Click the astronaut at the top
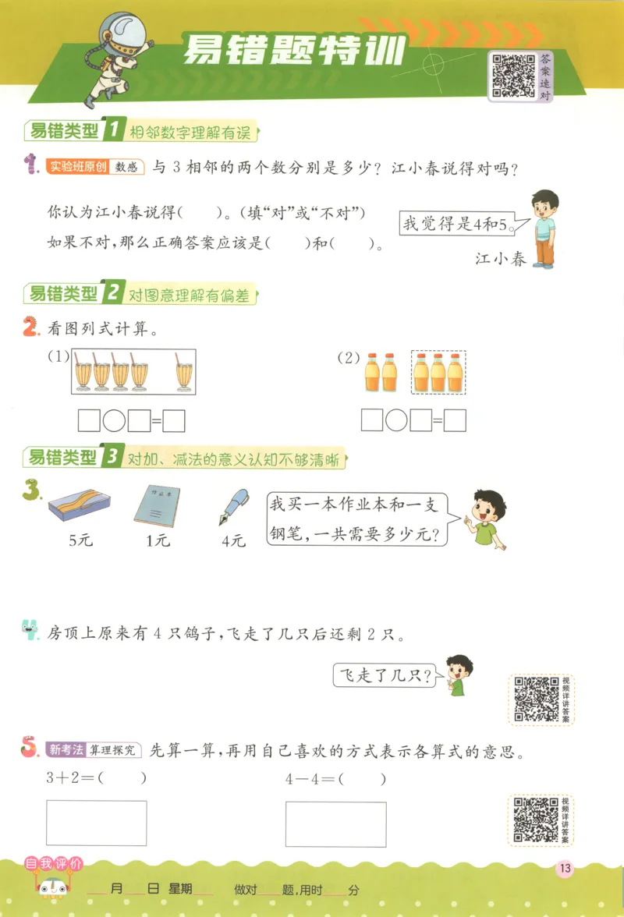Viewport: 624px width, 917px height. click(118, 58)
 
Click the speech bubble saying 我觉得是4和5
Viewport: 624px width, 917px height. click(458, 226)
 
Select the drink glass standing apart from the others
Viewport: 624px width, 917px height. click(186, 373)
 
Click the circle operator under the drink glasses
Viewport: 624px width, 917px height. click(114, 422)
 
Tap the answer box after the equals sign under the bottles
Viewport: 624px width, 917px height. click(455, 422)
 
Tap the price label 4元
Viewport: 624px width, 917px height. click(233, 540)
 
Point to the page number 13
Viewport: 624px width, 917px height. click(565, 869)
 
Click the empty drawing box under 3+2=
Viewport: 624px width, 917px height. click(97, 823)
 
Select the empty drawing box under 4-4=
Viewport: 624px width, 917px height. click(335, 824)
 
